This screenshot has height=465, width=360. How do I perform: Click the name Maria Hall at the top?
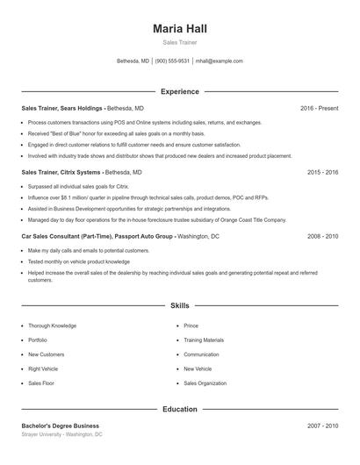pos(180,29)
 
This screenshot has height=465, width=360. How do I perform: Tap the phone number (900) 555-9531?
pos(172,61)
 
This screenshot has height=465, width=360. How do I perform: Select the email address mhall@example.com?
pos(220,61)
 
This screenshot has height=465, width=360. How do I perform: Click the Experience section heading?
pos(180,91)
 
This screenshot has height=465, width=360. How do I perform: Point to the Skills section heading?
pos(180,306)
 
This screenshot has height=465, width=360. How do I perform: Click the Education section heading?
pos(180,409)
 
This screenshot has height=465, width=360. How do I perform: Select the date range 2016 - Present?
pos(319,108)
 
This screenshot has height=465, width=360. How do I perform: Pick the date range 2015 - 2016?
pos(323,172)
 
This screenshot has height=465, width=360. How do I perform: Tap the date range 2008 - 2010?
pos(323,236)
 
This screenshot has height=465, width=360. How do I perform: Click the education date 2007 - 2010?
pos(323,426)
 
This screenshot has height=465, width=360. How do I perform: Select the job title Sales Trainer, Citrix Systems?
pos(61,172)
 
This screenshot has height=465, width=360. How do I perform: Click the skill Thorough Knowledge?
pos(53,325)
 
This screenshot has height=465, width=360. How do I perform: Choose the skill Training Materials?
pos(204,340)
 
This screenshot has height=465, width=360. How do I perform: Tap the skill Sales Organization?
pos(205,383)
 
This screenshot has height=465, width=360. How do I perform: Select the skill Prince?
pos(191,325)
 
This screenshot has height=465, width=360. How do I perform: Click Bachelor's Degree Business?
pos(61,426)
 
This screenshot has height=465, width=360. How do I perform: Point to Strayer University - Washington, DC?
pos(61,434)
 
